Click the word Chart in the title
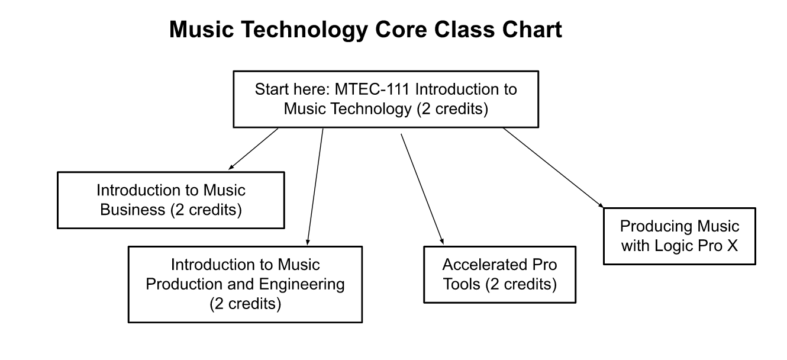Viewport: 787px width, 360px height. [532, 29]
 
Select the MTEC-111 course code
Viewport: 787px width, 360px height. [372, 89]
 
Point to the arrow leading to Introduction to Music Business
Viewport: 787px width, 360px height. [253, 149]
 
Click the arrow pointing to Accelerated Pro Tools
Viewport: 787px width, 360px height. [422, 189]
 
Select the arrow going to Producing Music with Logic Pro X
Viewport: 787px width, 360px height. [553, 168]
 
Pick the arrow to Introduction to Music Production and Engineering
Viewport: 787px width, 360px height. [315, 187]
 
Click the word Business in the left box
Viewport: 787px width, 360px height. [133, 210]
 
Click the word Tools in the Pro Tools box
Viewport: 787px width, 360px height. [462, 284]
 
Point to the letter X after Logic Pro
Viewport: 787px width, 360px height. [733, 245]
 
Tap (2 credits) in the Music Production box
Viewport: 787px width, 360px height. [245, 304]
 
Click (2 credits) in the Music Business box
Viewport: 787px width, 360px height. [207, 210]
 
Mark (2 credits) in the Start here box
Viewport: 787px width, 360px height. [453, 109]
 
